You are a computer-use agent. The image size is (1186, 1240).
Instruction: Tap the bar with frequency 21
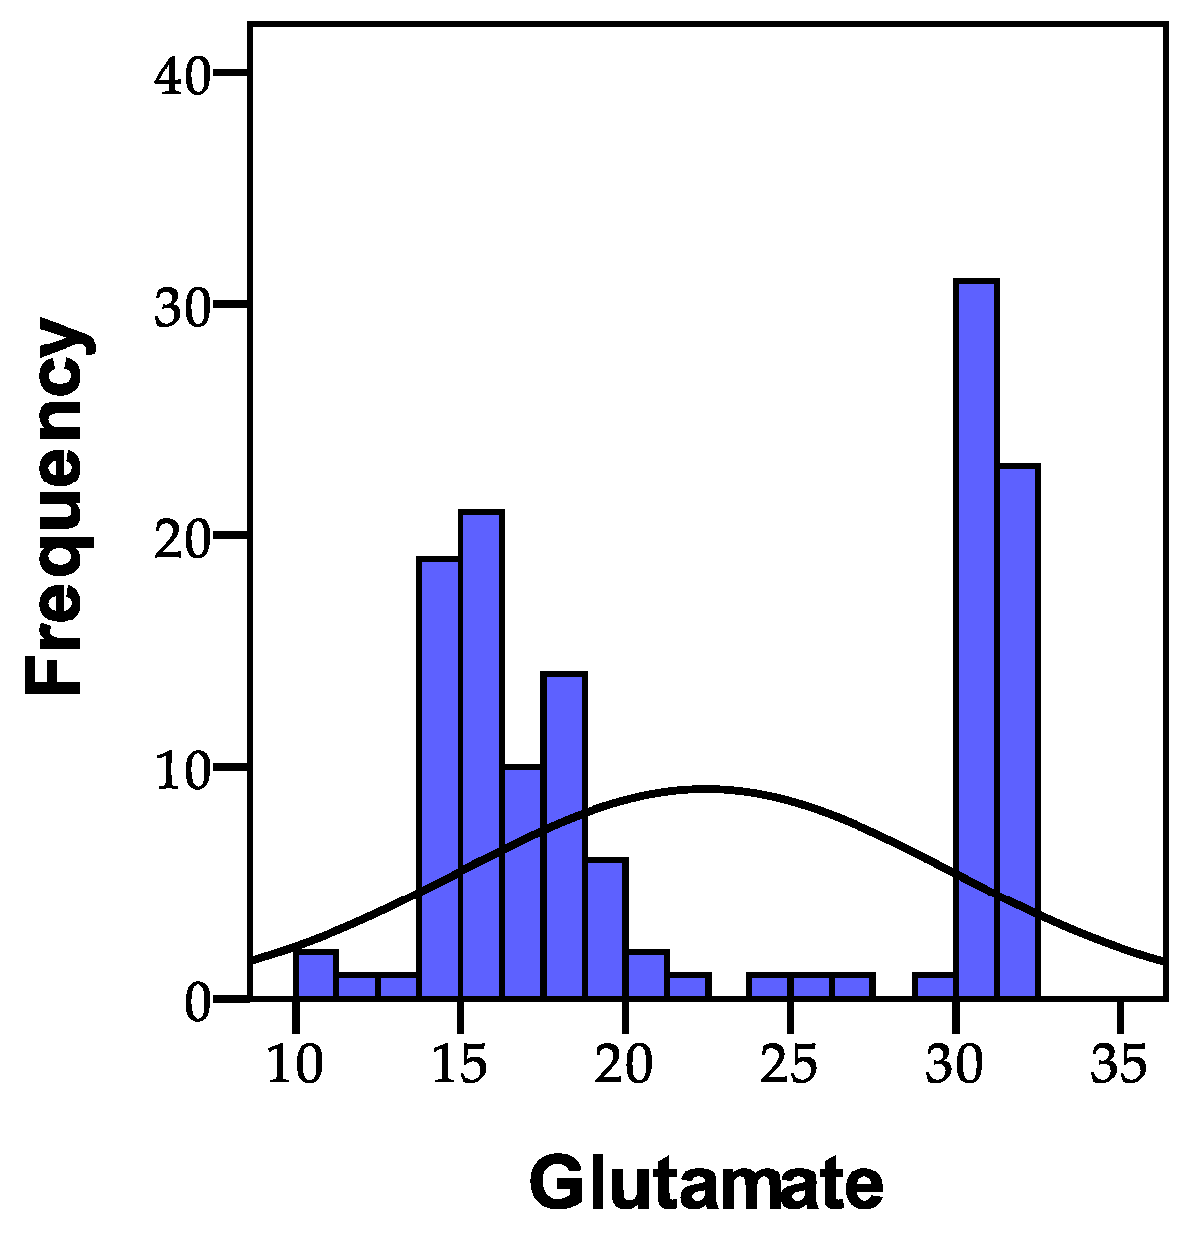480,755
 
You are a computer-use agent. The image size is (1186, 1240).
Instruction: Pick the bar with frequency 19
439,778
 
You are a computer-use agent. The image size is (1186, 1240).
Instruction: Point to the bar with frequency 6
605,928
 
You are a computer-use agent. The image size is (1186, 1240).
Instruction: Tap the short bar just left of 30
934,987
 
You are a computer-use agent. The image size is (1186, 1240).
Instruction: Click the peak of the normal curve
705,789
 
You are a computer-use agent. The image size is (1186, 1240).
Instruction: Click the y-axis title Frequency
57,506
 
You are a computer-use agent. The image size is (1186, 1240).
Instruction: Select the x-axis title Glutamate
706,1183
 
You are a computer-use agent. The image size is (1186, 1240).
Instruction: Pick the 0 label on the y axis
198,1002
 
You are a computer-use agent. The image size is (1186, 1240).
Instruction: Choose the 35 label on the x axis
1119,1064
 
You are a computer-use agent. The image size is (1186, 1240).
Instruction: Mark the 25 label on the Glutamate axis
789,1064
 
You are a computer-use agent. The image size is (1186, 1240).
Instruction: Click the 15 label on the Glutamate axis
460,1064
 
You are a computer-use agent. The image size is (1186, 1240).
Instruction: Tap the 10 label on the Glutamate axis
295,1064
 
